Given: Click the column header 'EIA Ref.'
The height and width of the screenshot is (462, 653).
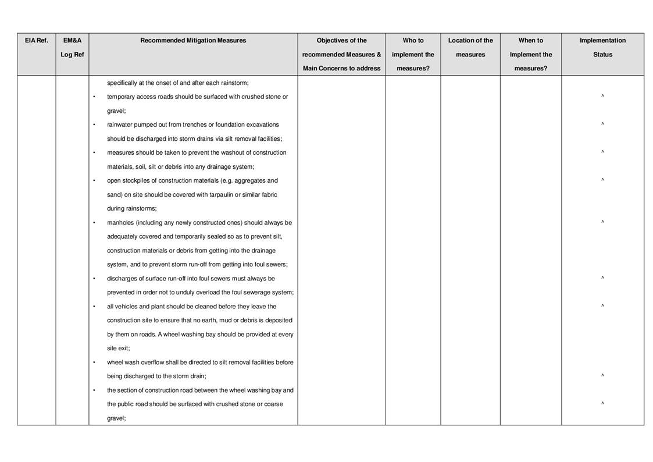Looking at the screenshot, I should pos(36,41).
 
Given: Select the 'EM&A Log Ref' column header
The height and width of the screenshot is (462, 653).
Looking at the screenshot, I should pos(72,48).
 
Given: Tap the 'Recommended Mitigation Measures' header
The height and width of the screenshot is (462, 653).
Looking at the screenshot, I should pos(193,41).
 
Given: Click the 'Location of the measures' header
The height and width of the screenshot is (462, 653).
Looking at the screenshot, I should pos(470,48).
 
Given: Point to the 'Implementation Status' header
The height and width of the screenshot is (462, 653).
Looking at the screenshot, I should pos(602,48).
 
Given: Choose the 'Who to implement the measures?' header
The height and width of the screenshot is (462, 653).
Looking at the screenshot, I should pos(413,54).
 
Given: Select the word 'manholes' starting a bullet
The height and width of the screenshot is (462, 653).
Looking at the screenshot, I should pos(119,223).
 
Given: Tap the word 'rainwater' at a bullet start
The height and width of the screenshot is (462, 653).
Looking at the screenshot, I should pos(120,125).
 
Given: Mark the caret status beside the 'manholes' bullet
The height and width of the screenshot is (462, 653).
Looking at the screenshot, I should pos(602,222).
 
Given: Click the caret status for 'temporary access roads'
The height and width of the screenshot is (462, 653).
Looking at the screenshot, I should pos(602,97).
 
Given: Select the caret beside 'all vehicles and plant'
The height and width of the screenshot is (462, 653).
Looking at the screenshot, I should pos(602,306).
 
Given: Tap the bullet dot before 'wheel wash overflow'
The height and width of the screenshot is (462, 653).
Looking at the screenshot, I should pos(94,363).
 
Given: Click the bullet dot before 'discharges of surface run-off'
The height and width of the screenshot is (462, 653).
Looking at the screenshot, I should pos(94,279).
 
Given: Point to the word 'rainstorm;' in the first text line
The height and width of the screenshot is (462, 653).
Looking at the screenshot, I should pos(234,83).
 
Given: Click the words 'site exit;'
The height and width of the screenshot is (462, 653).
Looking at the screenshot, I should pos(119,349).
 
